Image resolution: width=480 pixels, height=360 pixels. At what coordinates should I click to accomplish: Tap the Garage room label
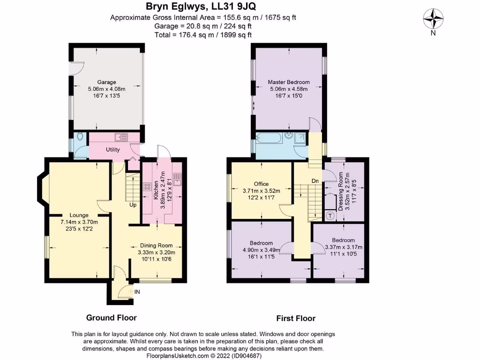[x=106, y=82]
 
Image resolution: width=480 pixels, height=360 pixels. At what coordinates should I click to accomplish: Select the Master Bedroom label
[x=289, y=82]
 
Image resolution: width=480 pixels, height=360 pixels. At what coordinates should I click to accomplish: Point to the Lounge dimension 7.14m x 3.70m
[x=79, y=222]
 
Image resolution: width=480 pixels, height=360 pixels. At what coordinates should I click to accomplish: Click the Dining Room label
[x=157, y=245]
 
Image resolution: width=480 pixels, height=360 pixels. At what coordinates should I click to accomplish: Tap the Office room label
[x=261, y=184]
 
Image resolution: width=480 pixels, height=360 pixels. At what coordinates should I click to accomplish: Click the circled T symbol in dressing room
[x=330, y=216]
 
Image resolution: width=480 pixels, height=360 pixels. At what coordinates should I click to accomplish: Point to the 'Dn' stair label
[x=315, y=180]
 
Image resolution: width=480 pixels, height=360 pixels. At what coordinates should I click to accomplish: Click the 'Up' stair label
[x=134, y=205]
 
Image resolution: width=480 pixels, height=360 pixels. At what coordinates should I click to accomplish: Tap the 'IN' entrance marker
[x=137, y=292]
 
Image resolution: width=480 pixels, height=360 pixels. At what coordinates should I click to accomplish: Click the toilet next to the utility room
[x=80, y=137]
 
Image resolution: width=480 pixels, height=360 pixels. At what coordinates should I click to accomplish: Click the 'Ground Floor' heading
[x=112, y=318]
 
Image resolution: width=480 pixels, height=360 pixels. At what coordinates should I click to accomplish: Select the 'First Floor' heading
[x=296, y=318]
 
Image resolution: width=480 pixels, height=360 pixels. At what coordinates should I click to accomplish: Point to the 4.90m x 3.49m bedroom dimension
[x=261, y=250]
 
